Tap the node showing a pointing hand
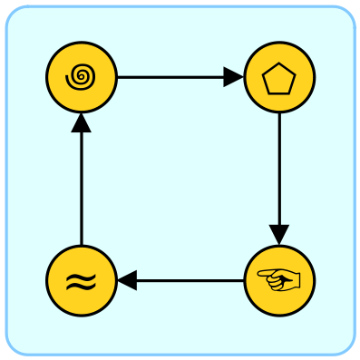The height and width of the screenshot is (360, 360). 279,281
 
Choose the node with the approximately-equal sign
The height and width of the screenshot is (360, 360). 82,281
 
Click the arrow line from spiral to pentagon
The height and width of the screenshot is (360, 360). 172,78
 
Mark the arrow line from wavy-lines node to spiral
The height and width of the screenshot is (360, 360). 82,190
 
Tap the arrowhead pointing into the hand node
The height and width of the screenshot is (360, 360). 279,235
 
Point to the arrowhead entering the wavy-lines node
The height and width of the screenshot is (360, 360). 127,281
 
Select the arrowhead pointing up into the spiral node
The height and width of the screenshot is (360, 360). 82,124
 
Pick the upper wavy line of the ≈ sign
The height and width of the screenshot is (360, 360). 82,276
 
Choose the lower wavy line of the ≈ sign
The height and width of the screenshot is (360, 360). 82,287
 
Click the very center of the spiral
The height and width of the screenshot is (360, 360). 82,77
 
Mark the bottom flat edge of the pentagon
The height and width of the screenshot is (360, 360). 279,92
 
